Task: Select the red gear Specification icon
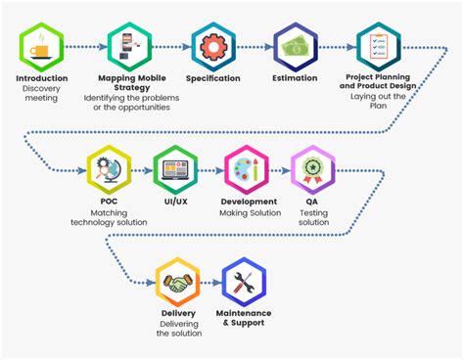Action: (x=212, y=45)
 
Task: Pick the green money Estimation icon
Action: (x=295, y=45)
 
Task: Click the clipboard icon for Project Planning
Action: (x=379, y=45)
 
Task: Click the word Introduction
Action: (x=42, y=78)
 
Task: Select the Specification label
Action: (x=212, y=78)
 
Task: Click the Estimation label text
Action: (x=295, y=78)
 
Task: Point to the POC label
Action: (x=109, y=202)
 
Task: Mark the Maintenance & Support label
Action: (x=245, y=318)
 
